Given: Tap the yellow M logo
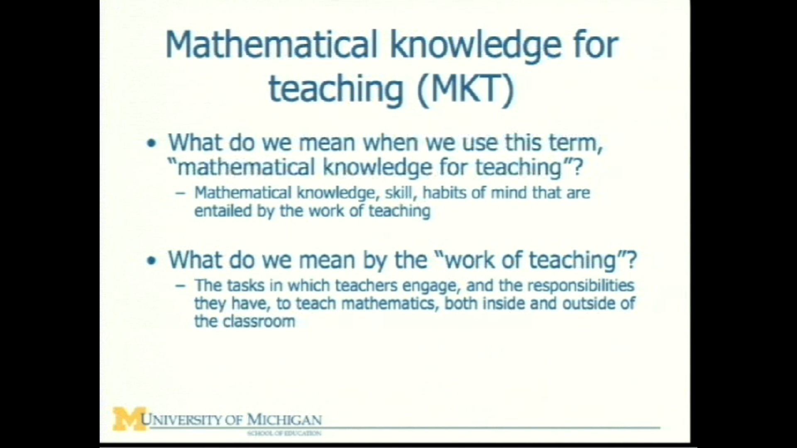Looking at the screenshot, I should [129, 419].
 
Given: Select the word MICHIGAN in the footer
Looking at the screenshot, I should [284, 419].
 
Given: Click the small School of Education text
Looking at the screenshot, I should [284, 433].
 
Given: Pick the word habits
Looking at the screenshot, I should [445, 193].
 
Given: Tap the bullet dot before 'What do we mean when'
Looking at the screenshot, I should [152, 144].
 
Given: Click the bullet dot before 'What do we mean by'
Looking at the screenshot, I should [152, 261].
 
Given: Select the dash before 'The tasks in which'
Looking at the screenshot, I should [180, 286].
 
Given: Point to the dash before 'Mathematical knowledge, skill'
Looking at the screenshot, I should [180, 193].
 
